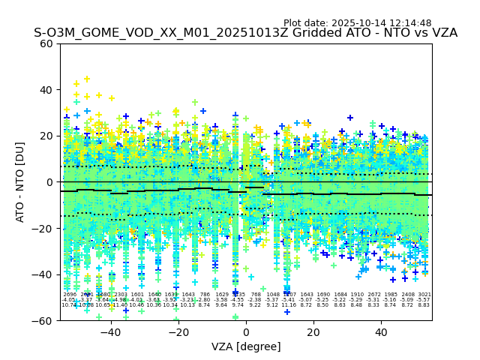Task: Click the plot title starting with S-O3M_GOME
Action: coord(245,33)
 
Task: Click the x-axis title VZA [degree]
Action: coord(245,346)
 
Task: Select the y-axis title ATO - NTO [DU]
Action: coord(21,181)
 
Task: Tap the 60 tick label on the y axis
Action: coord(46,43)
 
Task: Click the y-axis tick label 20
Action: coord(46,136)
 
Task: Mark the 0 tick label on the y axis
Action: coord(49,182)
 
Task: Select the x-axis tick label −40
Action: coord(109,332)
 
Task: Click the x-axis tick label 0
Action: coord(245,332)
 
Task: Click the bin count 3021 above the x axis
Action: coord(424,295)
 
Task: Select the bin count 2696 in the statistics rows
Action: coord(70,295)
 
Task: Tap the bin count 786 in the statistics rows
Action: coord(205,295)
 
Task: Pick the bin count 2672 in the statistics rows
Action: coord(374,295)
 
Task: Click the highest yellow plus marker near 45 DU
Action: coord(86,79)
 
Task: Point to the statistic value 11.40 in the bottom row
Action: coord(120,305)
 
